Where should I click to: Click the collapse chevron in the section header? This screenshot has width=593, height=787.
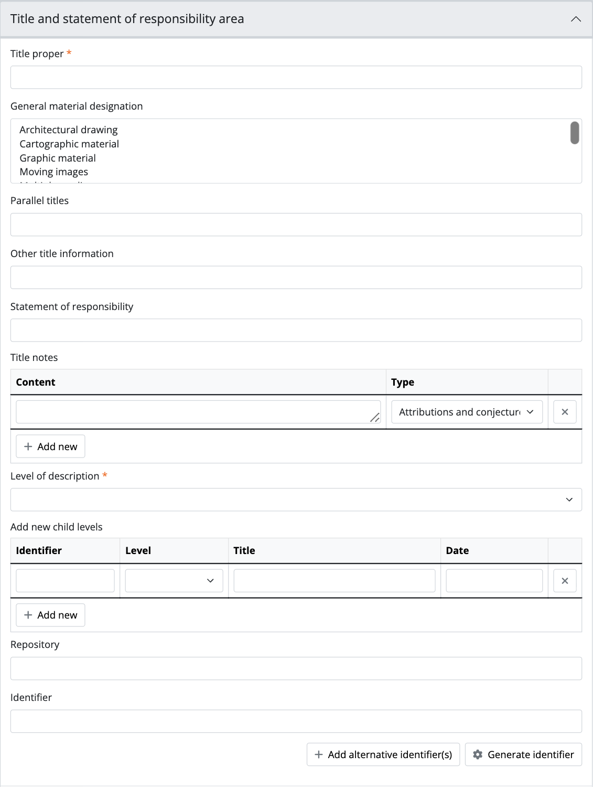point(575,19)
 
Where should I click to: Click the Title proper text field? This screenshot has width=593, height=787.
point(296,77)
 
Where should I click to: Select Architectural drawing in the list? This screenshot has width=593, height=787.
point(69,130)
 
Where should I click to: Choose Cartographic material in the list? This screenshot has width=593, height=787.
point(69,144)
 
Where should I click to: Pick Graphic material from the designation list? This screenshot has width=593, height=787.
point(58,158)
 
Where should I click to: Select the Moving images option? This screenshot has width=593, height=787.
point(54,172)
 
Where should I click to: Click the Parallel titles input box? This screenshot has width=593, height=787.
point(296,225)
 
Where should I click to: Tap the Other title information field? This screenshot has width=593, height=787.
point(296,278)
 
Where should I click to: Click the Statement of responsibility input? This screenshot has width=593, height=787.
point(296,331)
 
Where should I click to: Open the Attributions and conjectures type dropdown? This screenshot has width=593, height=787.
point(467,412)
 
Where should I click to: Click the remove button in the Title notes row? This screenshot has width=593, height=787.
point(565,412)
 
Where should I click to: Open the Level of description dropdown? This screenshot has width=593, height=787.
point(296,499)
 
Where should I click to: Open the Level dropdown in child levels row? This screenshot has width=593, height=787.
point(174,581)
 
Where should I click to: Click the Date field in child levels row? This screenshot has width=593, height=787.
point(494,581)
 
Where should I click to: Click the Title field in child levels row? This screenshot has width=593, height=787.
point(334,581)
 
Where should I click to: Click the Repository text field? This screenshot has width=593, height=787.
point(296,668)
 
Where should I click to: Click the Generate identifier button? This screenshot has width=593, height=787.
point(523,754)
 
